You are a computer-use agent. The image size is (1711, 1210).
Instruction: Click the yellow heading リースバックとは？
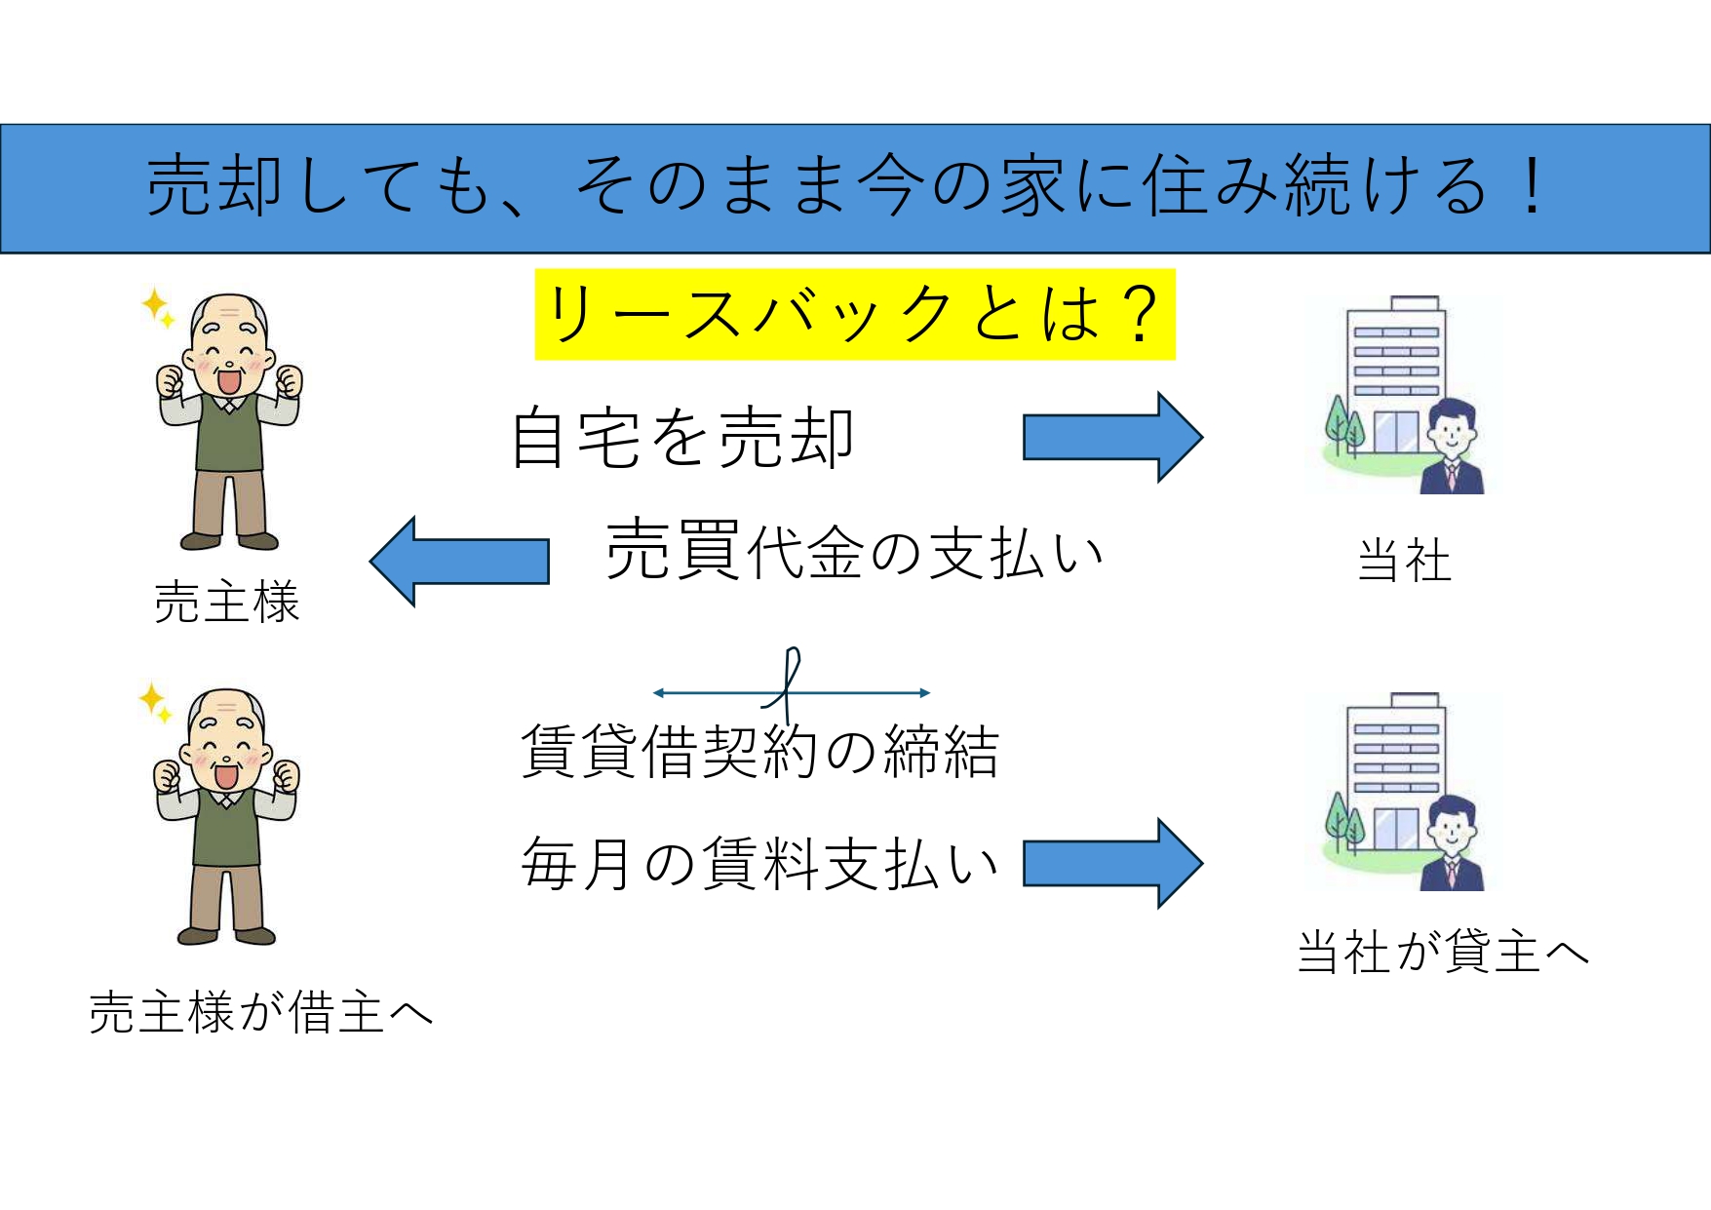[x=855, y=314]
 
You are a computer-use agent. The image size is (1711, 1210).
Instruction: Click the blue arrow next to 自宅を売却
[x=1112, y=437]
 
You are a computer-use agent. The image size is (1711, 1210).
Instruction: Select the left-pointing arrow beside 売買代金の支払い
[x=459, y=562]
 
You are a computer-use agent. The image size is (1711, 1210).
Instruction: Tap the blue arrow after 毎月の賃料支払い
[x=1112, y=863]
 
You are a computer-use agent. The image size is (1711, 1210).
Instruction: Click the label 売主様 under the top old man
[x=227, y=602]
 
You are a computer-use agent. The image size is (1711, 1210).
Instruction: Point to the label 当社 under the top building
[x=1405, y=561]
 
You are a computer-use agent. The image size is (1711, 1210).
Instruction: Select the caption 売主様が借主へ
[x=261, y=1013]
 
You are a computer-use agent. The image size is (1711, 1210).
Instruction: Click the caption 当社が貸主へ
[x=1444, y=952]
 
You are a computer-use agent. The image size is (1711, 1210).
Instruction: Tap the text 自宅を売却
[x=682, y=438]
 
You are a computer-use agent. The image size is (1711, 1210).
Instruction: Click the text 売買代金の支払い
[x=855, y=551]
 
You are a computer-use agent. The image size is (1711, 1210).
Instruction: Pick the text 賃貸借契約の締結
[x=760, y=751]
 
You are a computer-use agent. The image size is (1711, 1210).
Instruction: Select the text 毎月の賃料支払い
[x=760, y=864]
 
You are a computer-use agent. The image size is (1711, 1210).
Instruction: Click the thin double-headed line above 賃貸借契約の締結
[x=791, y=693]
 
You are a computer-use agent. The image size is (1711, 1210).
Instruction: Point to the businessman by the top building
[x=1451, y=448]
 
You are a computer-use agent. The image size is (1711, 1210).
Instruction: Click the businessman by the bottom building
[x=1451, y=843]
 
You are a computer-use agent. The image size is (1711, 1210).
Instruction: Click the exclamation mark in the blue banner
[x=1533, y=186]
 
